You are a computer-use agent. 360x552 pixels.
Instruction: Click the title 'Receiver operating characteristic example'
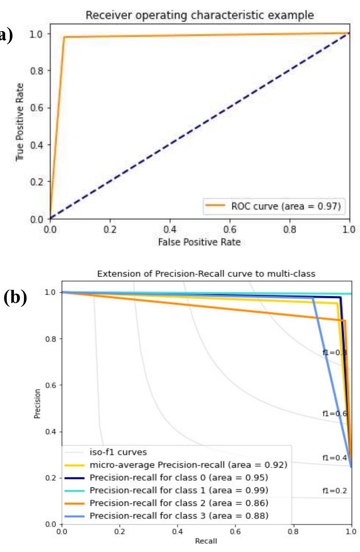coord(200,15)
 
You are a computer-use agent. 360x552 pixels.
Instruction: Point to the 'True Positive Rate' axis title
coord(20,122)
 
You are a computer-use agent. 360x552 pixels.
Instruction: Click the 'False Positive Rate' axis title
coord(199,242)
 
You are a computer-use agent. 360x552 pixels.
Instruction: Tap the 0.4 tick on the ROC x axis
coord(170,229)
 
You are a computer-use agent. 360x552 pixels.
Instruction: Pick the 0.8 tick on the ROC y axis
coord(37,71)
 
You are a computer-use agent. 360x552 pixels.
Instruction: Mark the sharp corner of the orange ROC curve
coord(64,37)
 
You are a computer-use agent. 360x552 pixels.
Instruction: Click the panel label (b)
coord(15,298)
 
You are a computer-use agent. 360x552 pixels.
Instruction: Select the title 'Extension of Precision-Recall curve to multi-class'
coord(206,273)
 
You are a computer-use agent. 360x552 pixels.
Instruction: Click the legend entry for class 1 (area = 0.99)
coord(179,490)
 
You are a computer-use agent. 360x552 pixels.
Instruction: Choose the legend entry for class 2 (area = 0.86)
coord(179,503)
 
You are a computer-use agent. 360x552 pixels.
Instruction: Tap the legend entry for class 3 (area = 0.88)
coord(179,515)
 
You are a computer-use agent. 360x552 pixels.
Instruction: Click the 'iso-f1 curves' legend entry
coord(118,452)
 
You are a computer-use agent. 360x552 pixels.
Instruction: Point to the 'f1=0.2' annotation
coord(334,491)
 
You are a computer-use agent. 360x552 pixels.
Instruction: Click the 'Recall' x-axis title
coord(206,541)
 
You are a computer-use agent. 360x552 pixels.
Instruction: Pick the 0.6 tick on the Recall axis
coord(235,531)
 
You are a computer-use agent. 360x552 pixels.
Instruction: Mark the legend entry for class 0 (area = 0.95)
coord(179,478)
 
